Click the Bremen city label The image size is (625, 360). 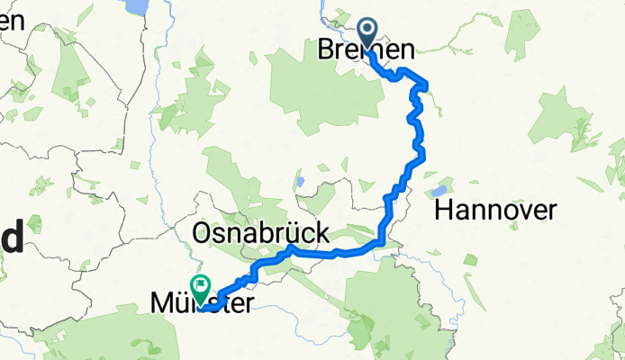367,51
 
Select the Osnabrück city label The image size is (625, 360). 261,233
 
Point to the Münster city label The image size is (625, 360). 197,306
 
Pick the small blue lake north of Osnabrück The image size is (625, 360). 299,181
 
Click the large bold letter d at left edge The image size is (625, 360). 13,241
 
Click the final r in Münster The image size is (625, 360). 248,306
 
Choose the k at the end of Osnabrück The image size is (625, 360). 321,233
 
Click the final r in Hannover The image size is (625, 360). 552,211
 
